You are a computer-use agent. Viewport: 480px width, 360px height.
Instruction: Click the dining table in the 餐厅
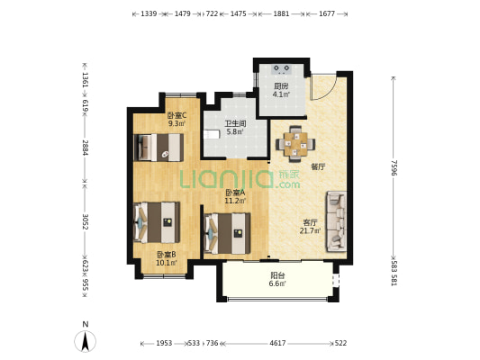tap(295, 144)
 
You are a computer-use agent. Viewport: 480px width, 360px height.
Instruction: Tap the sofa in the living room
tap(337, 221)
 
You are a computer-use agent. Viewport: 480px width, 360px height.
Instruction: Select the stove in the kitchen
tap(282, 69)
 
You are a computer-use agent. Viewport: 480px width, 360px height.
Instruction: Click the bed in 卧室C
tap(158, 148)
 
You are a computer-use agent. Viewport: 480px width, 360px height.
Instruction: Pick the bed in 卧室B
tap(157, 222)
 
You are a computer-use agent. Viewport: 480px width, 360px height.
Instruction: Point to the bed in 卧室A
tap(228, 233)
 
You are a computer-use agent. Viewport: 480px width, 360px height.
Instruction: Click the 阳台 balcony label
tap(277, 275)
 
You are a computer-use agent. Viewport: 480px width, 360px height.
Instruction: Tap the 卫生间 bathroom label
tap(235, 124)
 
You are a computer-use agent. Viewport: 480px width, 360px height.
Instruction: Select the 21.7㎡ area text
tap(310, 230)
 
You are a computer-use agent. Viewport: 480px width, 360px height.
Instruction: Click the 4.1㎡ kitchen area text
tap(281, 94)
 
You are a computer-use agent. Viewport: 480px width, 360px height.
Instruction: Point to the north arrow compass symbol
tap(86, 340)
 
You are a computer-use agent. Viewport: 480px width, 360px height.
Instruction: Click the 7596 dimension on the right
tap(394, 167)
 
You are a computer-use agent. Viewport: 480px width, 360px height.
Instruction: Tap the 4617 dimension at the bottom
tap(277, 343)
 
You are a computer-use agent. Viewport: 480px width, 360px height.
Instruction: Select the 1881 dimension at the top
tap(281, 13)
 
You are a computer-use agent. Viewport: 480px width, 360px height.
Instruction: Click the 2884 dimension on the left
tap(85, 148)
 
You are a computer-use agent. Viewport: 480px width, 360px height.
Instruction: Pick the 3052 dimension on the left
tap(85, 221)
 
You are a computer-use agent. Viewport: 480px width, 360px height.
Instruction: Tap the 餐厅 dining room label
tap(319, 167)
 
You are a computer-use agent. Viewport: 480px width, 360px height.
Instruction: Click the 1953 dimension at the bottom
tap(164, 343)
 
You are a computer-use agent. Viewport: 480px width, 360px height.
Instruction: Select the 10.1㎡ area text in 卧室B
tap(167, 263)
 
